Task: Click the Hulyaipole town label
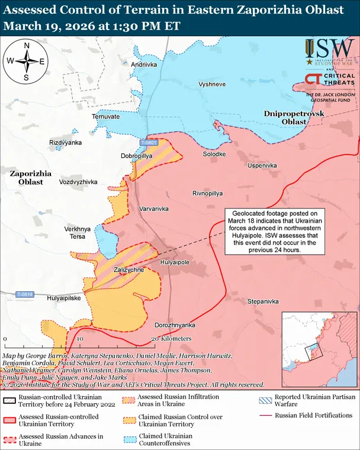click(x=175, y=261)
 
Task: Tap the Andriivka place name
click(x=144, y=64)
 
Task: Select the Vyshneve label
click(x=212, y=85)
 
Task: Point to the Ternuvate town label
click(x=105, y=117)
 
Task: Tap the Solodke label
click(x=214, y=154)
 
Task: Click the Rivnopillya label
click(x=208, y=194)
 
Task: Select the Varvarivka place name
click(x=154, y=209)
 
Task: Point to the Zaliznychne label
click(x=128, y=270)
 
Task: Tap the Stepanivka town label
click(x=263, y=301)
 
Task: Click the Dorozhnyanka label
click(x=175, y=325)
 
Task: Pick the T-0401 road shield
click(x=149, y=143)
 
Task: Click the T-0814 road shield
click(x=25, y=294)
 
